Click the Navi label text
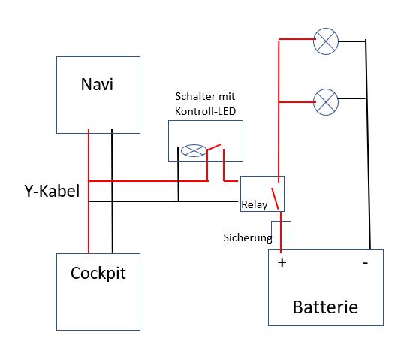pyautogui.click(x=97, y=84)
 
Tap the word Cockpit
pyautogui.click(x=98, y=274)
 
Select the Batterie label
pyautogui.click(x=325, y=307)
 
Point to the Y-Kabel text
pyautogui.click(x=52, y=191)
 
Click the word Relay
pyautogui.click(x=254, y=205)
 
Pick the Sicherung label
pyautogui.click(x=248, y=237)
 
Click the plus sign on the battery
pyautogui.click(x=282, y=262)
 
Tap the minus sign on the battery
pyautogui.click(x=365, y=263)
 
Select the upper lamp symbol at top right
pyautogui.click(x=326, y=41)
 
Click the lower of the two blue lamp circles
pyautogui.click(x=326, y=102)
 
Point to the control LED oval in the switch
pyautogui.click(x=194, y=150)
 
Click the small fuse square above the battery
pyautogui.click(x=281, y=231)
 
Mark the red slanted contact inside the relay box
pyautogui.click(x=275, y=198)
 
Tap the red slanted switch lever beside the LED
pyautogui.click(x=214, y=147)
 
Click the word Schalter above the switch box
pyautogui.click(x=192, y=96)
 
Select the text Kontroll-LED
pyautogui.click(x=205, y=111)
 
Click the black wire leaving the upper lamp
pyautogui.click(x=352, y=41)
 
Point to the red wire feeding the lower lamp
pyautogui.click(x=297, y=102)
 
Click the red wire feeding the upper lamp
pyautogui.click(x=297, y=39)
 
